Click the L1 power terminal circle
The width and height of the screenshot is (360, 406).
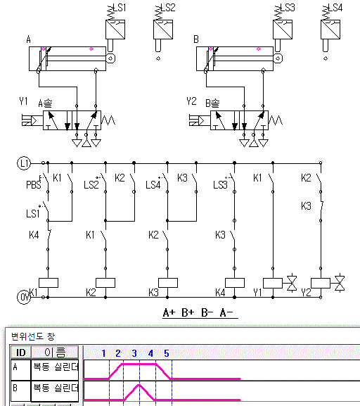click(24, 163)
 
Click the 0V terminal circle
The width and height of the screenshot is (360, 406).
click(24, 298)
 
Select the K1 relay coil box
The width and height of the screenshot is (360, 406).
click(49, 283)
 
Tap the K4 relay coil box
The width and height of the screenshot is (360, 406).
click(235, 283)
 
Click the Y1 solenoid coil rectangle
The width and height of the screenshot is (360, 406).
click(273, 283)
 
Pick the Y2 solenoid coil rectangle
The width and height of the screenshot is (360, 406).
click(321, 283)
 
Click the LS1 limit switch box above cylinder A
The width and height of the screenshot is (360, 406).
click(115, 30)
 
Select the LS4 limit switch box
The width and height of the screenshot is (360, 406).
click(330, 30)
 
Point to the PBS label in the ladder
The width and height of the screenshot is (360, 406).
click(34, 184)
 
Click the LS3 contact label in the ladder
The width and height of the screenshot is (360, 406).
click(220, 185)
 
